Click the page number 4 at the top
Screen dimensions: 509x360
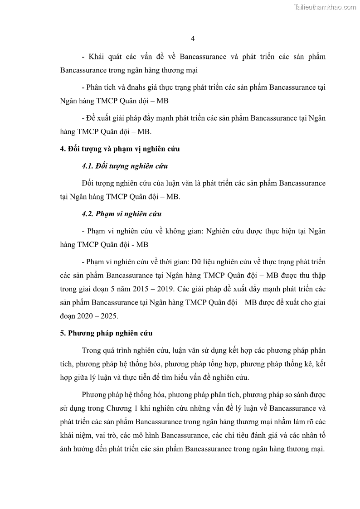click(193, 39)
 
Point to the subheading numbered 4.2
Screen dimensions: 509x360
click(122, 214)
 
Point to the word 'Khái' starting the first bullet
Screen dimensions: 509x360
click(97, 57)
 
